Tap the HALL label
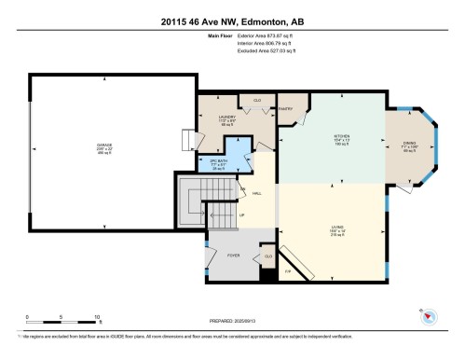click(256, 193)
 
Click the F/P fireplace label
click(287, 270)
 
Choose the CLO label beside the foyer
click(267, 255)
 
